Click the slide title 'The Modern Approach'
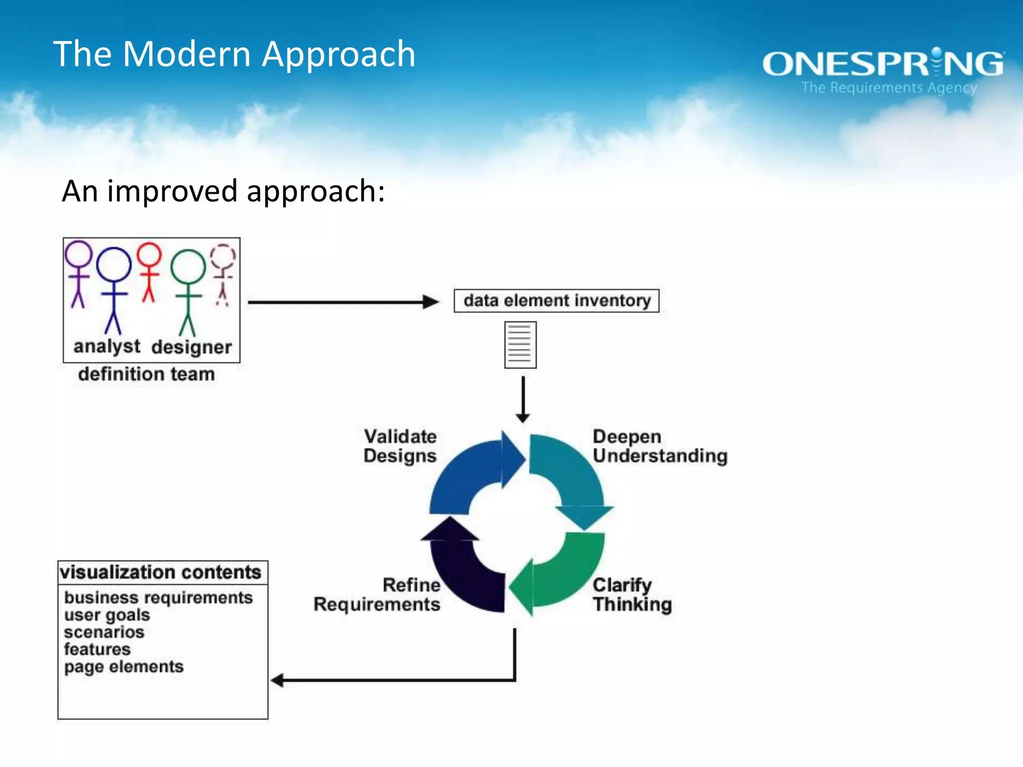point(234,54)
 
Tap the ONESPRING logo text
point(882,64)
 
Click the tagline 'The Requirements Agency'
point(889,88)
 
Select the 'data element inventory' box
point(556,301)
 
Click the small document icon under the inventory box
point(520,345)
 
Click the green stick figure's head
point(188,267)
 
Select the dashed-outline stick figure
point(223,275)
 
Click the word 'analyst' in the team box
point(106,346)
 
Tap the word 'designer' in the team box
point(191,347)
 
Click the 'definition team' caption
point(146,374)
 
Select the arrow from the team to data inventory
point(343,302)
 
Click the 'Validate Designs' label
point(400,446)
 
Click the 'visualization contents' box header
point(160,572)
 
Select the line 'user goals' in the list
point(107,615)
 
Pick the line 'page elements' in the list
point(123,667)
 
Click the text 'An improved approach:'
point(223,191)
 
